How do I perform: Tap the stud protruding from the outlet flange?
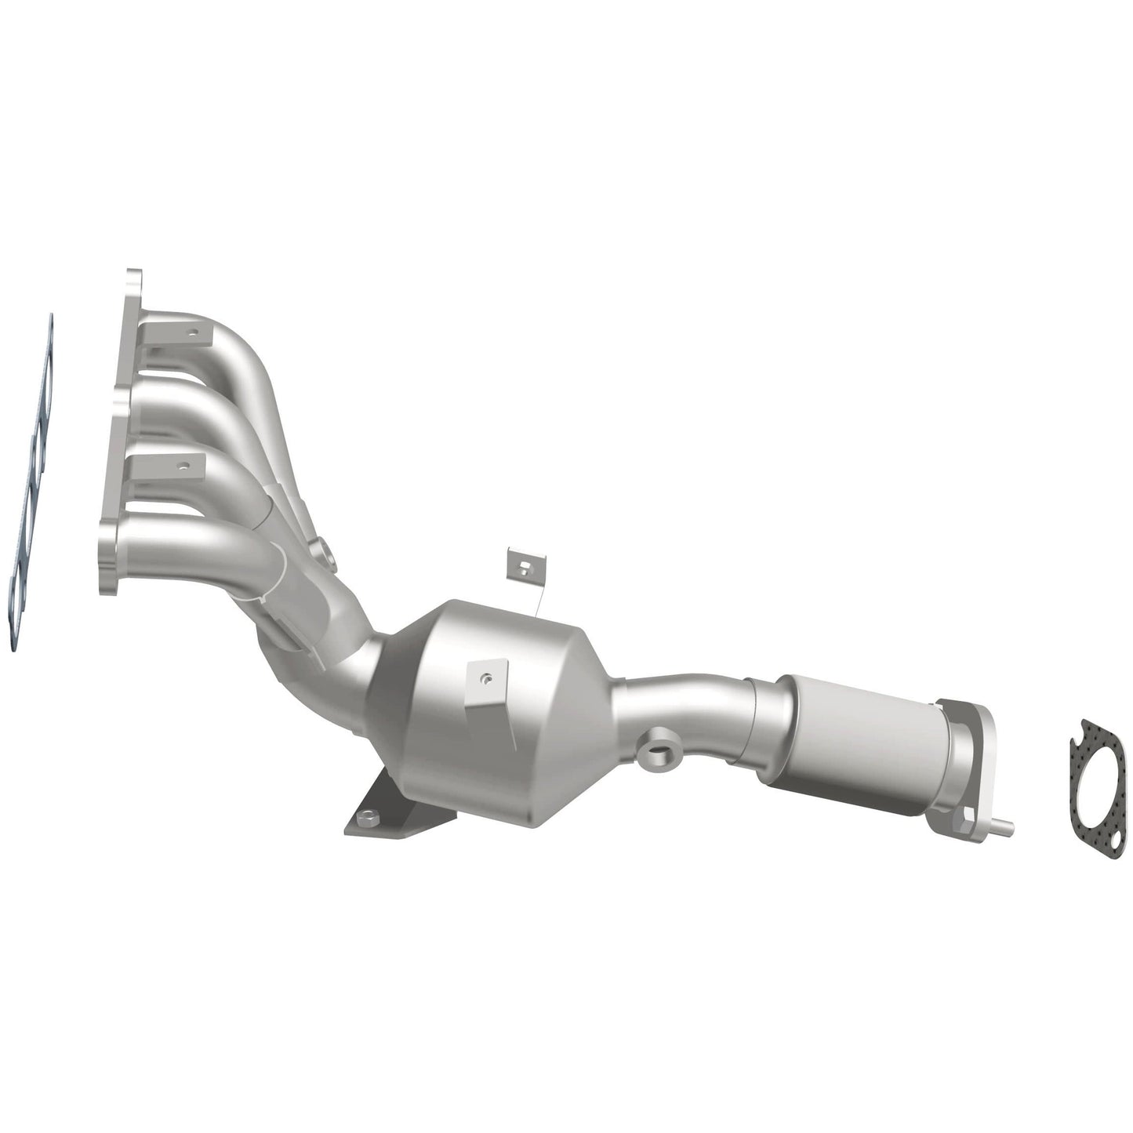[1004, 823]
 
